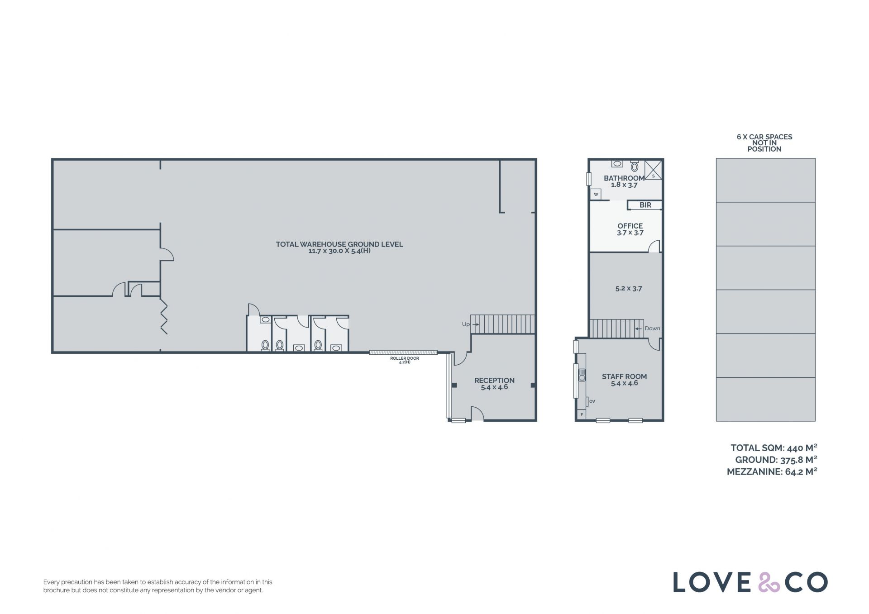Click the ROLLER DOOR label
tap(405, 358)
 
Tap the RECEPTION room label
tap(494, 381)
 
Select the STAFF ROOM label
tap(624, 376)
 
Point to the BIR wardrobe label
tap(645, 205)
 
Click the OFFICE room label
tap(630, 226)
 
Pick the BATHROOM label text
tap(624, 178)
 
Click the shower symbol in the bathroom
tap(653, 170)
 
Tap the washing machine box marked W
tap(596, 195)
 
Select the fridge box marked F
tap(582, 414)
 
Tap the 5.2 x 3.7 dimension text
tap(629, 288)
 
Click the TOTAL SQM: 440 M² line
tap(774, 448)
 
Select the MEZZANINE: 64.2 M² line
tap(772, 471)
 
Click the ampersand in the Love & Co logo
tap(769, 582)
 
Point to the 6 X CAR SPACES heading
tap(764, 137)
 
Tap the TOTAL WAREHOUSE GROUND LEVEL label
tap(339, 244)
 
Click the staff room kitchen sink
tap(582, 375)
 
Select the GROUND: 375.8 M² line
tap(776, 460)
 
